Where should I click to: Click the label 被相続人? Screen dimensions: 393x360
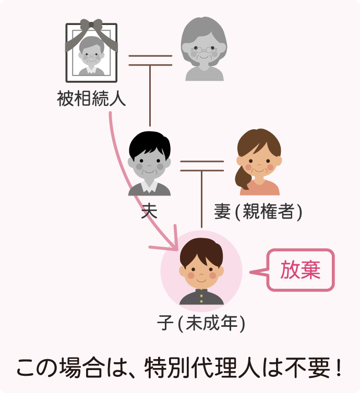92,99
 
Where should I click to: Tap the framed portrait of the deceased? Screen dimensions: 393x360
91,53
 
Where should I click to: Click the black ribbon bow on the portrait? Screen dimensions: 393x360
91,26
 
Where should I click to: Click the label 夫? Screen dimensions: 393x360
149,212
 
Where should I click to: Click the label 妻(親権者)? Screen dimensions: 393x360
258,212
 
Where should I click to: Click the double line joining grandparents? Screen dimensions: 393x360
150,60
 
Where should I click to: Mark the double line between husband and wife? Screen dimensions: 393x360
201,167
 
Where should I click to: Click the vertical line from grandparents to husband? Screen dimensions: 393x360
150,96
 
